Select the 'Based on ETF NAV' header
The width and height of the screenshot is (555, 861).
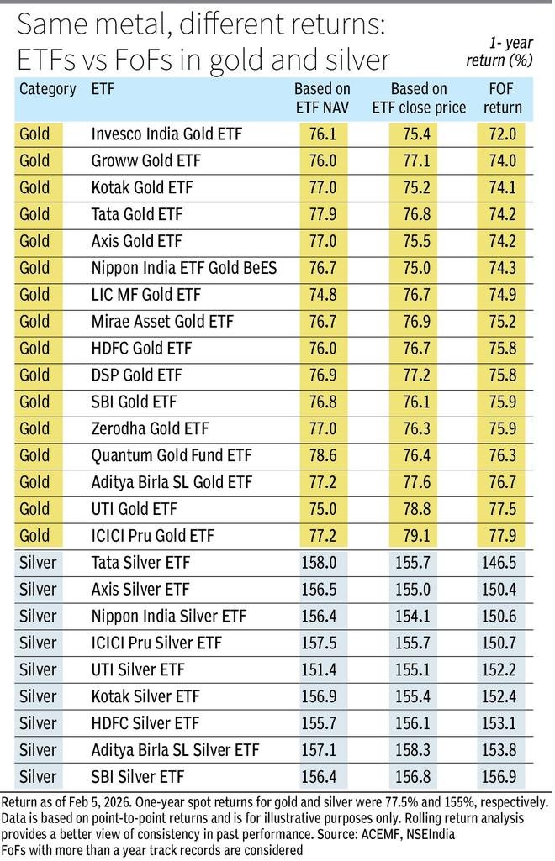click(x=322, y=97)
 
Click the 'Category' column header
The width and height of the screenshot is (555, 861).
click(x=47, y=88)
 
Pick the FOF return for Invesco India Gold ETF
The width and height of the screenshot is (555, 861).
click(x=502, y=134)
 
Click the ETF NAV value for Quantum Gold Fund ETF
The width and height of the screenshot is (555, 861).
click(x=322, y=455)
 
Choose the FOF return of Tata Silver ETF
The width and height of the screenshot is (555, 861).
click(x=502, y=562)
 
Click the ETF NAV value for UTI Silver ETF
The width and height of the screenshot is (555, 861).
click(x=322, y=669)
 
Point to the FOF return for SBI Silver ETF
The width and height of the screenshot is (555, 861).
click(x=502, y=776)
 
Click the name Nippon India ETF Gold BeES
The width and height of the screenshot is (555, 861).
click(x=184, y=268)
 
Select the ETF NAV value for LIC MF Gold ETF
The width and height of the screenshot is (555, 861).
click(x=322, y=295)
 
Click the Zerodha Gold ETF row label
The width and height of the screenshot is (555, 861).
click(x=150, y=428)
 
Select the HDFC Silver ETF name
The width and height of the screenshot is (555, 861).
click(x=145, y=722)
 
